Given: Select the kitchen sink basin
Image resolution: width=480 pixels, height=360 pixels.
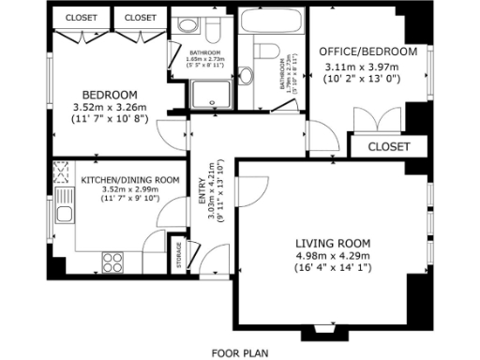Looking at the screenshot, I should click(x=66, y=214).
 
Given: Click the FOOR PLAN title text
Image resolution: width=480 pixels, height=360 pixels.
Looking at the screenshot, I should click(x=240, y=352).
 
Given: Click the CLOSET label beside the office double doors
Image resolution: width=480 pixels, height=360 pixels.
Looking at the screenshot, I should click(x=388, y=147).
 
